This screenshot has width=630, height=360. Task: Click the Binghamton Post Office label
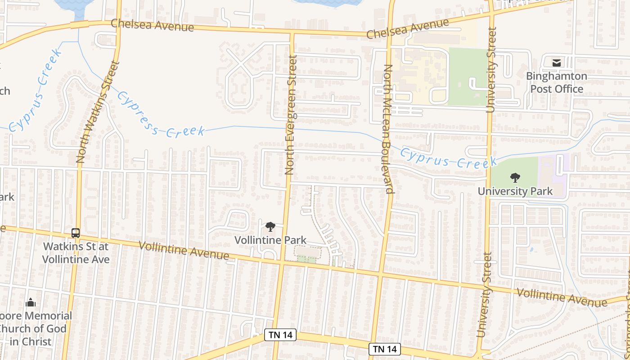click(556, 82)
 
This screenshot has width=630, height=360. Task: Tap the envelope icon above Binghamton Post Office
click(557, 63)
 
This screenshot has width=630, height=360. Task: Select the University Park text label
click(515, 191)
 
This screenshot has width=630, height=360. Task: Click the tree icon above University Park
click(515, 178)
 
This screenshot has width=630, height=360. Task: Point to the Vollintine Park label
click(270, 240)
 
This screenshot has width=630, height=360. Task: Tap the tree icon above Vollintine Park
click(270, 227)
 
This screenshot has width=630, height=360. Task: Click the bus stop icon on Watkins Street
click(76, 233)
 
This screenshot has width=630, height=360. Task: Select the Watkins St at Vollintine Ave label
click(76, 253)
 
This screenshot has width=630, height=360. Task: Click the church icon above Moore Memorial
click(31, 302)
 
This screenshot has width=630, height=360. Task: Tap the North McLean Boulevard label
click(388, 129)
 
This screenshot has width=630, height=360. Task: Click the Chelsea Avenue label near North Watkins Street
click(152, 25)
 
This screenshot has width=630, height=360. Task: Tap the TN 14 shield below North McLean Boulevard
click(384, 349)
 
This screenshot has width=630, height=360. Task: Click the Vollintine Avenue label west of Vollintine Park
click(184, 251)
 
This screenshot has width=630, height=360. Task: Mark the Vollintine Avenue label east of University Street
click(561, 297)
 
